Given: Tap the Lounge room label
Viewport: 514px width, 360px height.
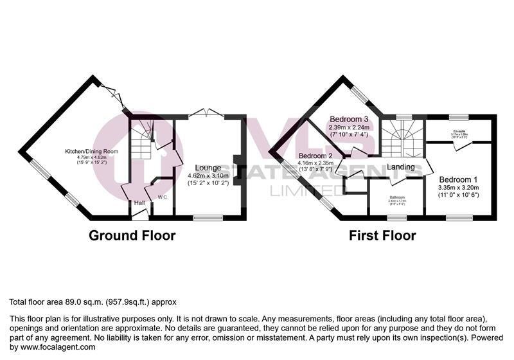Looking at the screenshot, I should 208,168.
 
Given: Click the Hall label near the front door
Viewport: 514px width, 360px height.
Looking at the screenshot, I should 138,203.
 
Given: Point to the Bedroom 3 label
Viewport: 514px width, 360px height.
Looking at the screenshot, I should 348,119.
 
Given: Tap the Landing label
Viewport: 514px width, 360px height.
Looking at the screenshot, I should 400,167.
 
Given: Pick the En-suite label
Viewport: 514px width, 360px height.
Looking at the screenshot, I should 459,130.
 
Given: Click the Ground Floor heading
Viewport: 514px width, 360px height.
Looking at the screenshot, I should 132,235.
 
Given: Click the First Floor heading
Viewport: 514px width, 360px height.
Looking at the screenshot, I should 382,235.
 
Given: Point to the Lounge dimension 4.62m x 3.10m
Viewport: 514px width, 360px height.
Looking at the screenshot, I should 209,175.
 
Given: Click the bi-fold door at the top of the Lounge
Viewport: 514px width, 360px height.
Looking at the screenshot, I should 206,113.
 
